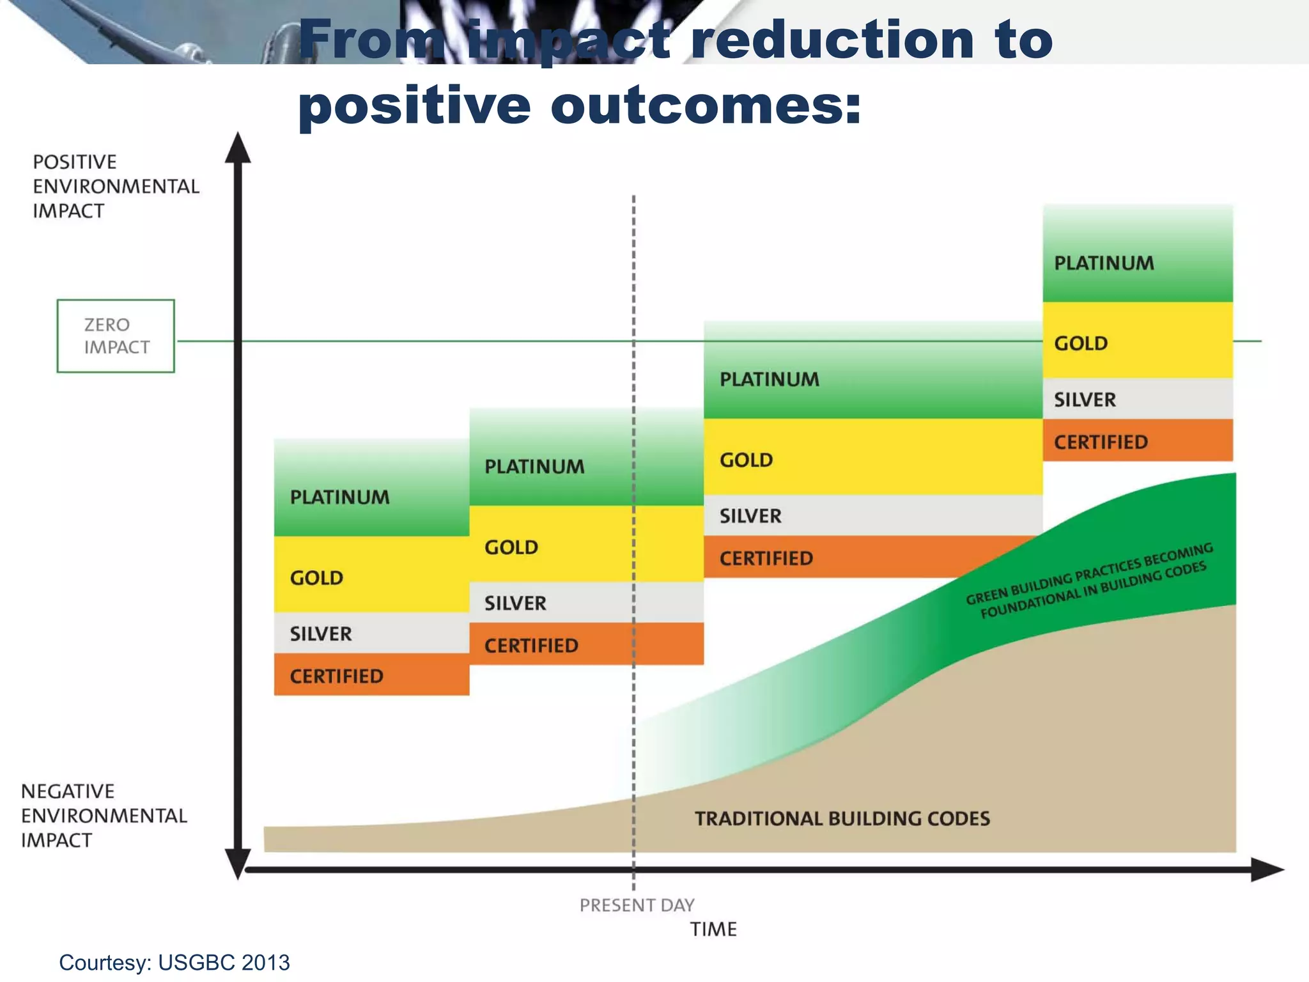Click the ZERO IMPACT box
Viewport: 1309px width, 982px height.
click(116, 336)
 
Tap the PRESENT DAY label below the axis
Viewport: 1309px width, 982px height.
click(637, 905)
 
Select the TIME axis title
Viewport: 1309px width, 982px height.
click(713, 929)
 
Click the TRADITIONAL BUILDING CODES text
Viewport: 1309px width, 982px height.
click(842, 819)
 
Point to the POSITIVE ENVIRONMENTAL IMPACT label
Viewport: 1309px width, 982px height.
click(116, 186)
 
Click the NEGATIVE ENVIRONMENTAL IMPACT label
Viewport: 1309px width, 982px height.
click(104, 816)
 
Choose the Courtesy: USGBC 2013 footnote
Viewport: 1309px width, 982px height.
click(174, 962)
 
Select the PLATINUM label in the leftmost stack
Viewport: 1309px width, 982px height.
click(339, 497)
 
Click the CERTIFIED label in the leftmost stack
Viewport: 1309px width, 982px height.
click(336, 676)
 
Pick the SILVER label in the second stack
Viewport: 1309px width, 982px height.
click(515, 604)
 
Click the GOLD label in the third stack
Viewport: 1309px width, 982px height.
click(746, 460)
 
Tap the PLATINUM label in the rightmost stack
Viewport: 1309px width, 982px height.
click(1104, 263)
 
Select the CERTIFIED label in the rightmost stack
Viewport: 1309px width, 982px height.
click(1101, 442)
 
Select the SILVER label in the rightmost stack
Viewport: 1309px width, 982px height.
click(1085, 400)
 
